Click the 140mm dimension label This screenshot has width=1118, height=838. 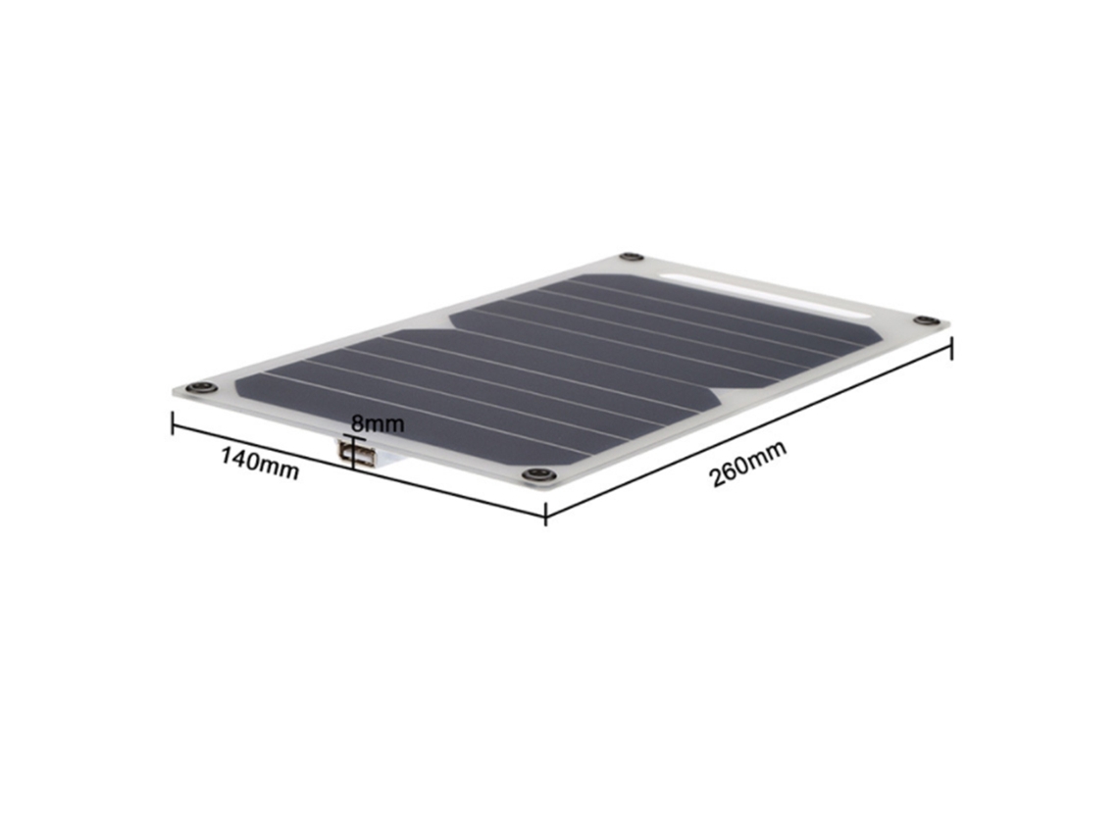(260, 464)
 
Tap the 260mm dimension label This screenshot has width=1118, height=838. (748, 464)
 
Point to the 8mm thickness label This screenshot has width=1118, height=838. (378, 424)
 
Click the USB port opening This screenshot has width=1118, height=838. (358, 454)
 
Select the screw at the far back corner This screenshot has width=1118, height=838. (631, 257)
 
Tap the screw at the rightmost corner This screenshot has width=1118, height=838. (926, 320)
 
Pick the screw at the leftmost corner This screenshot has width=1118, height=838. (202, 388)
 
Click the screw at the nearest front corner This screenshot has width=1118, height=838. (538, 474)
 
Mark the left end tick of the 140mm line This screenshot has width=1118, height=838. (173, 422)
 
